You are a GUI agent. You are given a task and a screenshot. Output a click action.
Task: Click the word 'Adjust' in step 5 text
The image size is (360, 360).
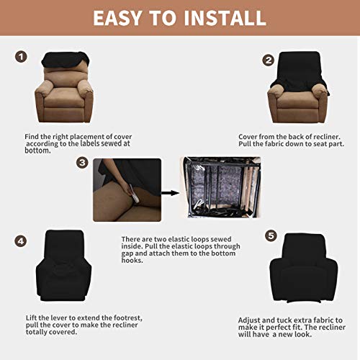click(252, 319)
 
